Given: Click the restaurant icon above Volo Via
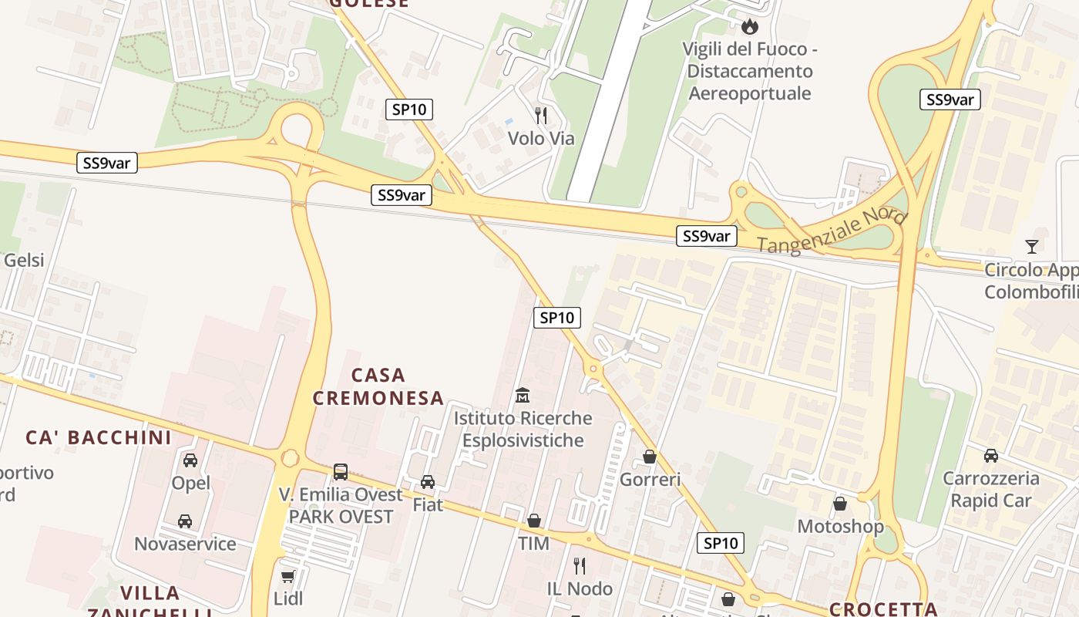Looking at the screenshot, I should click(541, 116).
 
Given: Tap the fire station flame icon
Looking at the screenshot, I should click(749, 26).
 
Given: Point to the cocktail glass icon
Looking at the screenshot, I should click(1031, 247).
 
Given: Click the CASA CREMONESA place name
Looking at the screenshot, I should click(388, 386).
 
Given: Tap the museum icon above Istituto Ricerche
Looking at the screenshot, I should click(523, 396).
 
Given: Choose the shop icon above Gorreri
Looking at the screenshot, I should click(650, 457).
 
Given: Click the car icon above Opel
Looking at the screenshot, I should click(190, 461).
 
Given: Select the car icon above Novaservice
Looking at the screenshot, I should click(185, 521).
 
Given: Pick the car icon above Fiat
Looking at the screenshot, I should click(427, 482).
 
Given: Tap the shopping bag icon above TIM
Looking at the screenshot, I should click(533, 521).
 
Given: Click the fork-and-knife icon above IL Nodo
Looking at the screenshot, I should click(580, 566).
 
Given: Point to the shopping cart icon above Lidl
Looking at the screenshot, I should click(287, 577).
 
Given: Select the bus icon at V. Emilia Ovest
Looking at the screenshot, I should click(340, 471).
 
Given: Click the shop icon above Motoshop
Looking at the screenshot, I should click(840, 504).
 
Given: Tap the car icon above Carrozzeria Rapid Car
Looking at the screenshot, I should click(990, 456).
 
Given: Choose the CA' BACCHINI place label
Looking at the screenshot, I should click(99, 437).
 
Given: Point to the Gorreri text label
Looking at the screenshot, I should click(650, 480).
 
